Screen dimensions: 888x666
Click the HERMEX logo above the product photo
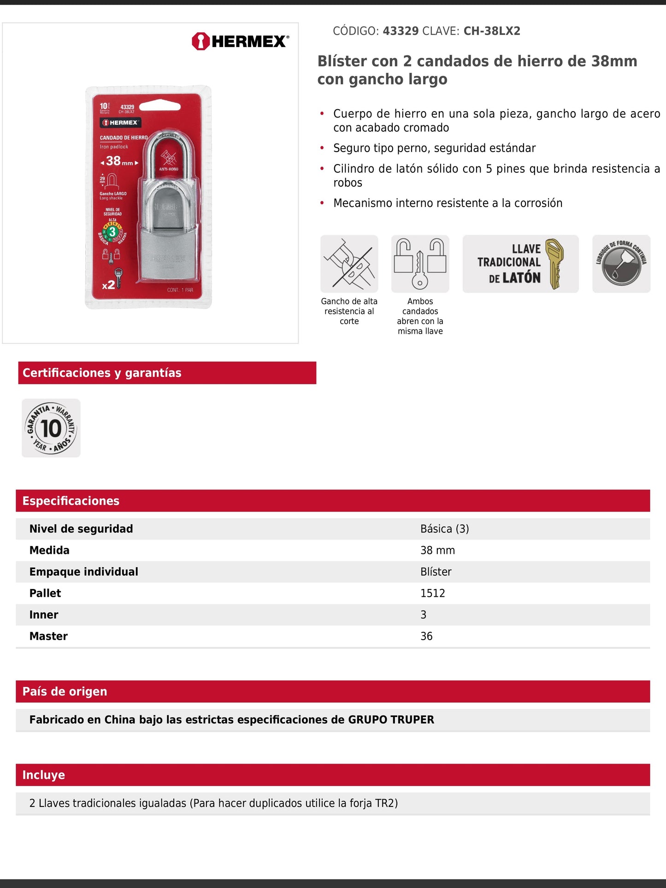point(240,41)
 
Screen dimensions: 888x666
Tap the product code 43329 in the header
point(401,31)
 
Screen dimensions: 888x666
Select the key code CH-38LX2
point(492,31)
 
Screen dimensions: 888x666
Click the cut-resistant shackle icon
point(349,264)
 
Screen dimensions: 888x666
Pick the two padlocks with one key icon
point(420,264)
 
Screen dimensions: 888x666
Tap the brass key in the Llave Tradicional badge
point(554,263)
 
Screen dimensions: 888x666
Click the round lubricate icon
point(621,264)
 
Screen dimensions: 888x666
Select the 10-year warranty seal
point(51,428)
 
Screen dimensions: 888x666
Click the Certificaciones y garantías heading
point(102,373)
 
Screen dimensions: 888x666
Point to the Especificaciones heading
point(71,501)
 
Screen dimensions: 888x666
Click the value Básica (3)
point(444,529)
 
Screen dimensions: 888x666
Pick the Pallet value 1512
point(432,593)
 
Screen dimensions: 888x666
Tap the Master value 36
point(426,636)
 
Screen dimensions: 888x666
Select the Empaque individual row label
point(83,572)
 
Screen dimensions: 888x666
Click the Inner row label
point(44,615)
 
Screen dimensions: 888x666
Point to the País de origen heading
point(65,692)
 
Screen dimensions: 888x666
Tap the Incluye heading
point(44,775)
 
